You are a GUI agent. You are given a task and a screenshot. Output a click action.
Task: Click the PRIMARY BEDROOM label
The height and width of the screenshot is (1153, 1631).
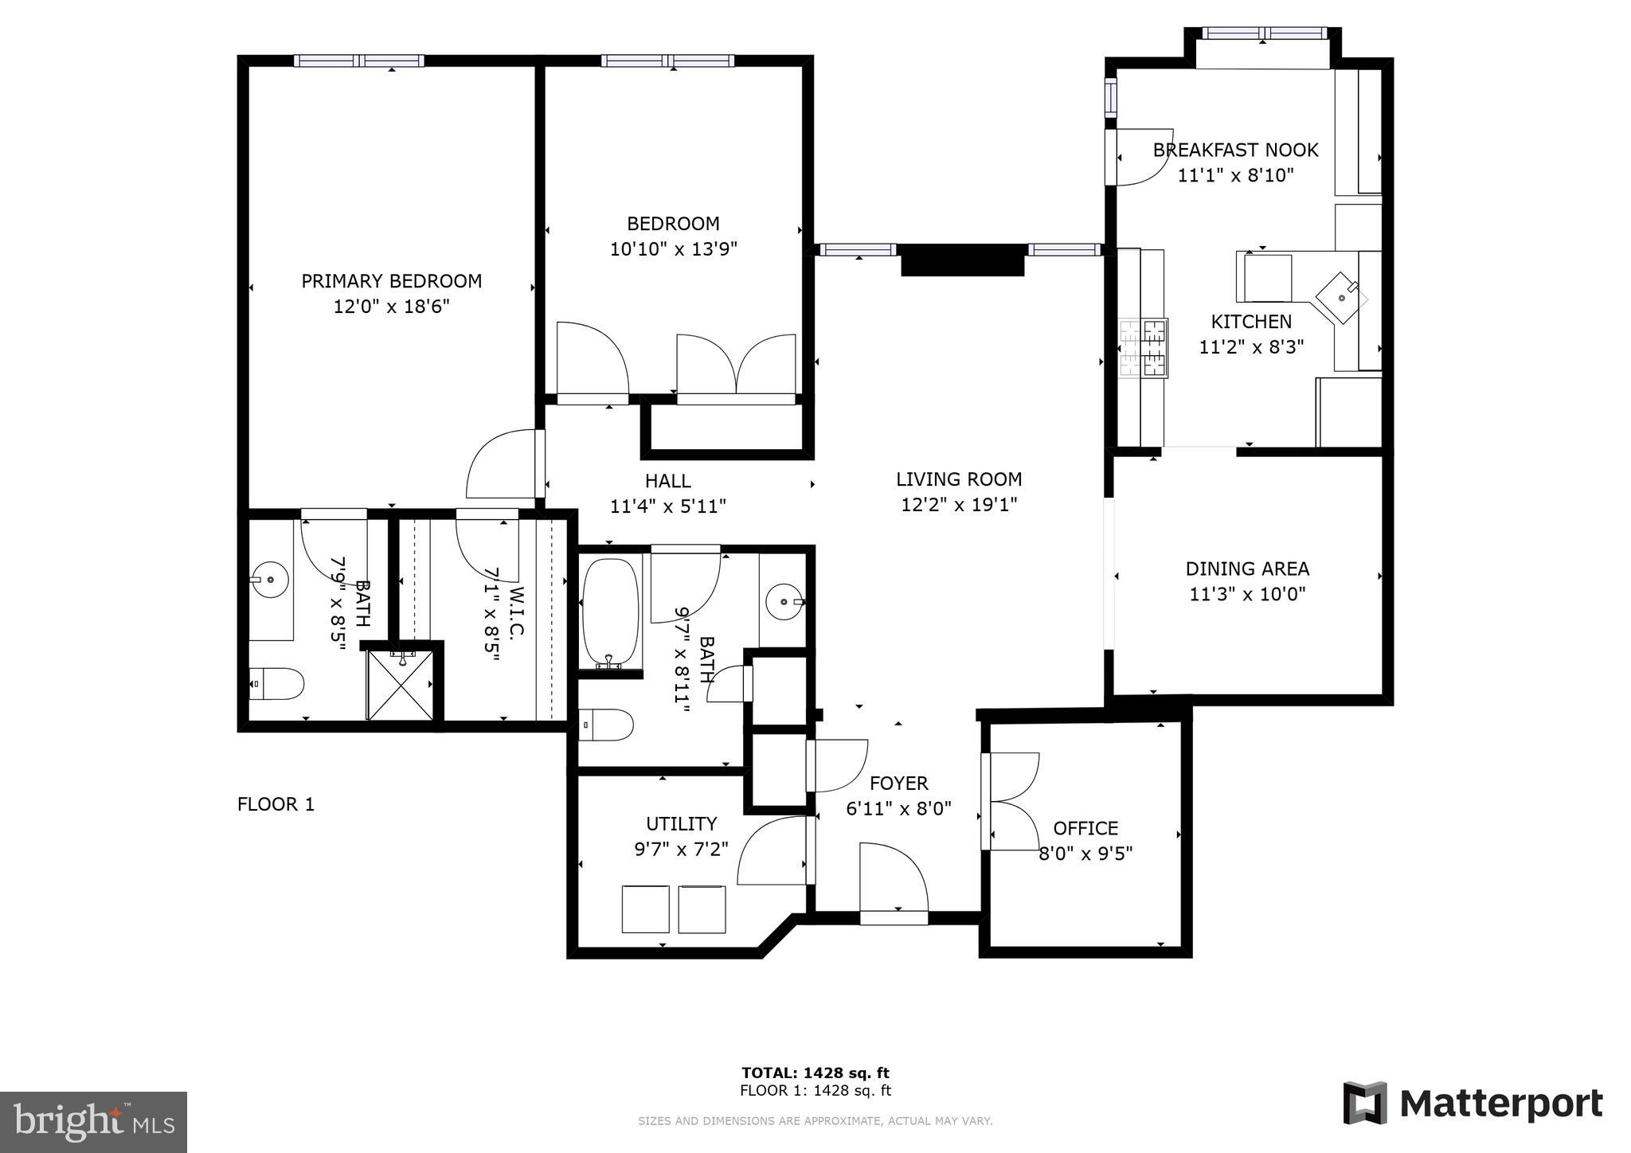(391, 281)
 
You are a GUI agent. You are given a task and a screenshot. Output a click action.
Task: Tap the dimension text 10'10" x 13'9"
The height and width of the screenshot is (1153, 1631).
(673, 249)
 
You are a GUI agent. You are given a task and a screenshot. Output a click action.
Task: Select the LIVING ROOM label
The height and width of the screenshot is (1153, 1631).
(959, 479)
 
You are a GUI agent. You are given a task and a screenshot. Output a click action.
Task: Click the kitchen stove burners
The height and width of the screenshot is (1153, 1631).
(1144, 347)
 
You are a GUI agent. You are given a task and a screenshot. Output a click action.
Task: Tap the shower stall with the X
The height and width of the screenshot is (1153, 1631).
(400, 686)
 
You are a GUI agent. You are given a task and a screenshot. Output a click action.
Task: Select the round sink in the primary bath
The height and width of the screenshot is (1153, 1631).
(271, 579)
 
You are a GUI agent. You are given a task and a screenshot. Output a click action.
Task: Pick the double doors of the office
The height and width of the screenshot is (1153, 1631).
(1010, 801)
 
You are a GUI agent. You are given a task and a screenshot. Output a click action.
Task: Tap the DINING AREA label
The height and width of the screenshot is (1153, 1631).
(1247, 569)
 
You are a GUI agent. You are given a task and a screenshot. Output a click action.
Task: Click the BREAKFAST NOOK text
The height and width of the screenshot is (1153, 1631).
(1235, 150)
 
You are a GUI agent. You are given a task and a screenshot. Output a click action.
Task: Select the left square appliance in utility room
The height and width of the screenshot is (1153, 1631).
(645, 909)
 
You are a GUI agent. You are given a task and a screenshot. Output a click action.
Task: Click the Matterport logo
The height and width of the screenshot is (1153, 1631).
(1473, 1104)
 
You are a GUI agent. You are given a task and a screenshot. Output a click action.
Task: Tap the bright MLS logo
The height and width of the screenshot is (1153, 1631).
(93, 1121)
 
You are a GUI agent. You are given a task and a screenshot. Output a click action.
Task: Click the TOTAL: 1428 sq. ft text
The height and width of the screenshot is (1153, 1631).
(815, 1073)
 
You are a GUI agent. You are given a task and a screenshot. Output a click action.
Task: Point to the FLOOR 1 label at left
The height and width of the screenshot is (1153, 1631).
(276, 804)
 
